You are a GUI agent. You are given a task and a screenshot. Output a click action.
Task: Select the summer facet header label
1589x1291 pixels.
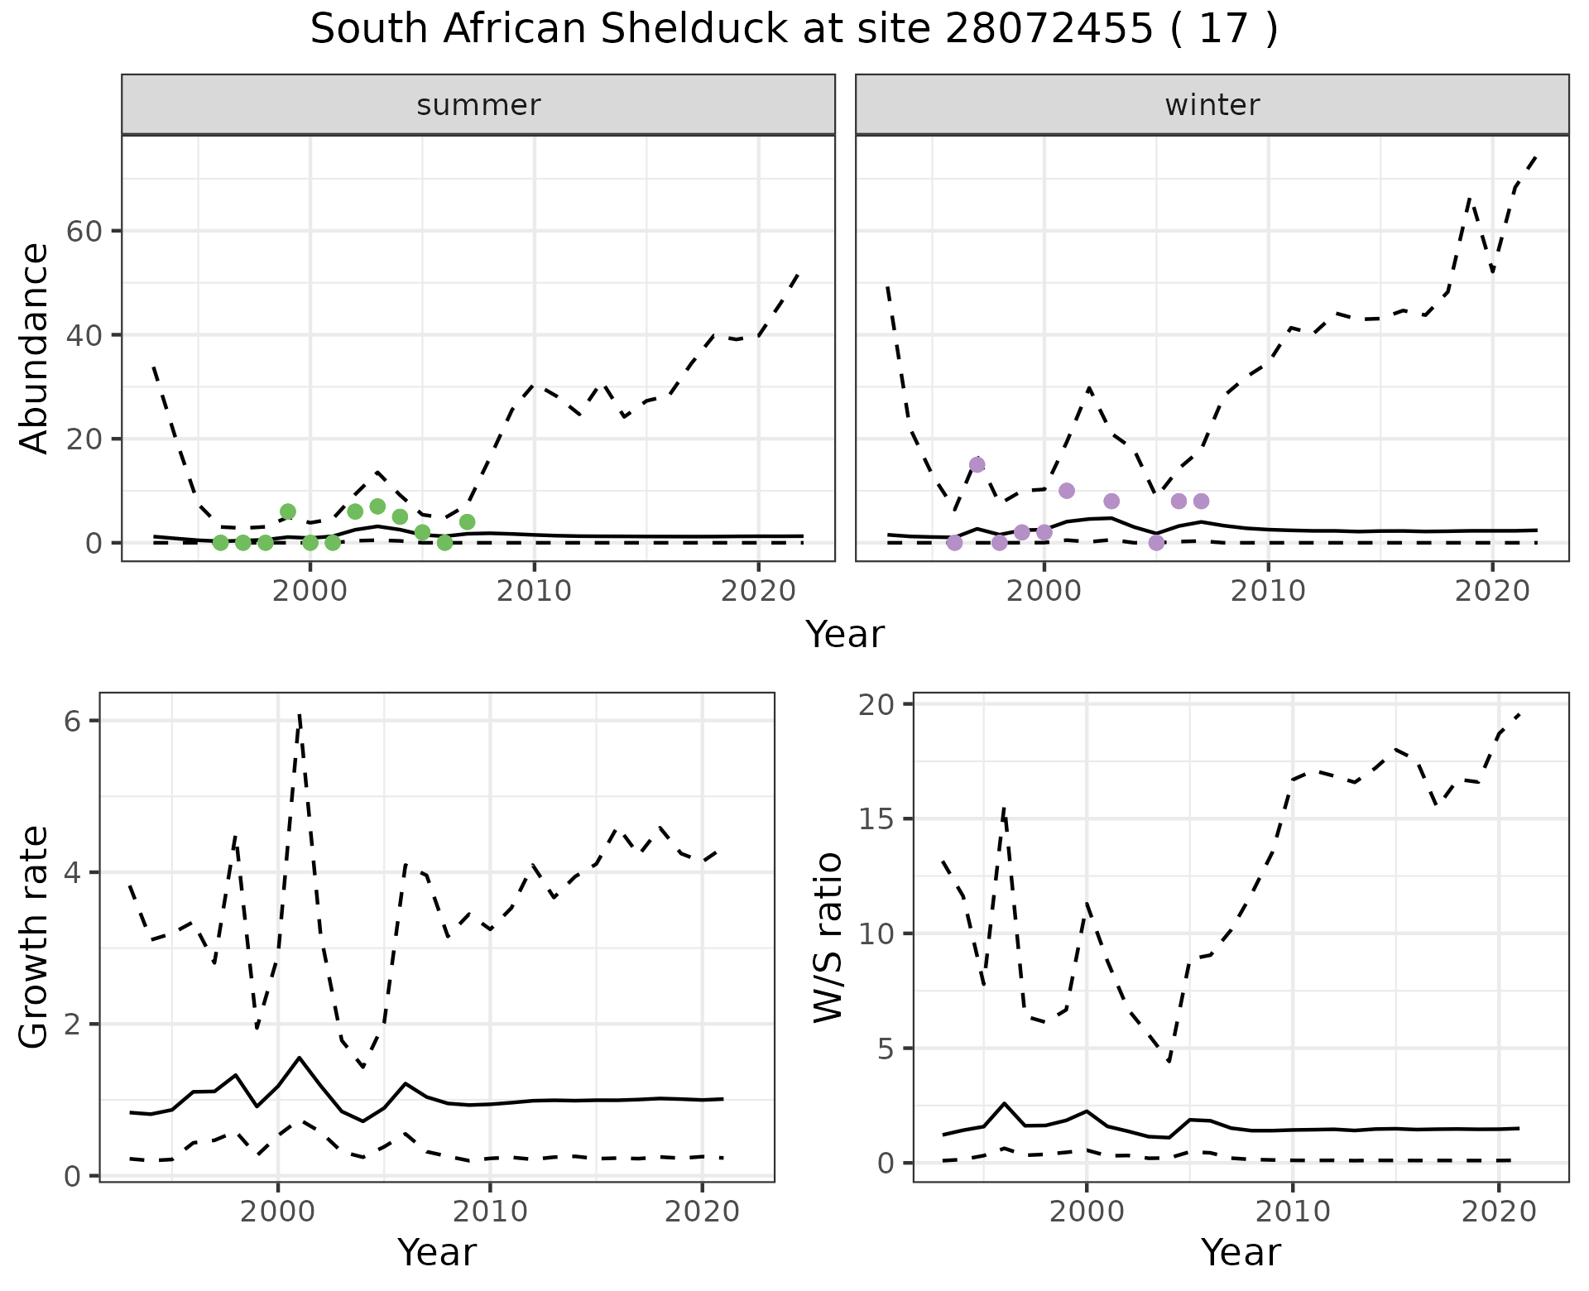[x=478, y=105]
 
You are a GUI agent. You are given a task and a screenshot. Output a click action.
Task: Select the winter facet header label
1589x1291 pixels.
[x=1212, y=105]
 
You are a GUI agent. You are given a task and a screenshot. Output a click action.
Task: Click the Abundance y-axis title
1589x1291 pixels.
[x=35, y=348]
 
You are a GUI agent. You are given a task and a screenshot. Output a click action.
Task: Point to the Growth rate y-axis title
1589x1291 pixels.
[x=35, y=937]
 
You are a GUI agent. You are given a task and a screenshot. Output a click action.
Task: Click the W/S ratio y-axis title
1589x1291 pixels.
[x=828, y=937]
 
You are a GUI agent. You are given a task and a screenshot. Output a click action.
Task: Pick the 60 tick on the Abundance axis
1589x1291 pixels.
[x=84, y=231]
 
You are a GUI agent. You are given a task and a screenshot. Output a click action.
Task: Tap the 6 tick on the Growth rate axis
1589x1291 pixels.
[x=72, y=721]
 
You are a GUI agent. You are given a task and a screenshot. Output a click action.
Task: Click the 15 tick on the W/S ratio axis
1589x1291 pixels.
[x=882, y=819]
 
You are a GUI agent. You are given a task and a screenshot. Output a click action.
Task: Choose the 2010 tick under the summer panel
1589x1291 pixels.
[x=534, y=591]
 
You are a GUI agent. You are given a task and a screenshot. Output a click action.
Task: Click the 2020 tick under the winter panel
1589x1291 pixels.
[x=1492, y=591]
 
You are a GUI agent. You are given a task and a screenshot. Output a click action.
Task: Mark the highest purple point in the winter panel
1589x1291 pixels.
[x=977, y=464]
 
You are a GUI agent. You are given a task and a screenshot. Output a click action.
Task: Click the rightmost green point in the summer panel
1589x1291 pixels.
[x=467, y=521]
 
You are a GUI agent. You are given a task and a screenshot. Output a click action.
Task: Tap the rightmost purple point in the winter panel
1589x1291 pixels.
[x=1201, y=501]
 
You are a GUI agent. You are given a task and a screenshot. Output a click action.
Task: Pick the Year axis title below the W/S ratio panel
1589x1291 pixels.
[x=1241, y=1252]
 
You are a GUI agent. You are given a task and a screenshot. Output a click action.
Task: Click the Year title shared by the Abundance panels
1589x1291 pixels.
[x=844, y=635]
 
